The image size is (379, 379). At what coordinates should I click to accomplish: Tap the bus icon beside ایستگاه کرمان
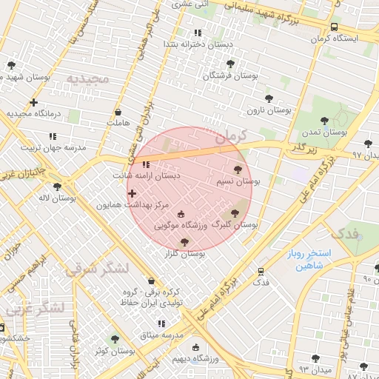coord(335,27)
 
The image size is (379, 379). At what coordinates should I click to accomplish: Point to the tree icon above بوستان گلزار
coord(184,242)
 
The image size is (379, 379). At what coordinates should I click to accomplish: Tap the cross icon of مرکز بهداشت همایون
coord(132,193)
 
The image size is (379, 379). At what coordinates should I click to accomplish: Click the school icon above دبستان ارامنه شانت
coord(146,164)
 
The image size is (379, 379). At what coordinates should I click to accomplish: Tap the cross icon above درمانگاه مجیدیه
coord(33,102)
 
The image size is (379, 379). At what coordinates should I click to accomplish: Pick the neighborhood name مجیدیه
coord(87,78)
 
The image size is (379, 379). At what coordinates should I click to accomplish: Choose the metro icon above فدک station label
coord(261,272)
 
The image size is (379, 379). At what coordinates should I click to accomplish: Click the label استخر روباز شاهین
coord(310,260)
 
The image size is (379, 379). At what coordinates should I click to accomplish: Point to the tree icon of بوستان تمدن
coord(323,120)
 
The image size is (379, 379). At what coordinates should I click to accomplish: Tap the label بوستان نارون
coord(269,110)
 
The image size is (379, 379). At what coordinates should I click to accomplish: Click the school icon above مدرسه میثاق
coord(161,323)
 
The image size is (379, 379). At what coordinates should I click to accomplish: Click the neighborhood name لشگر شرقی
coord(97,268)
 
